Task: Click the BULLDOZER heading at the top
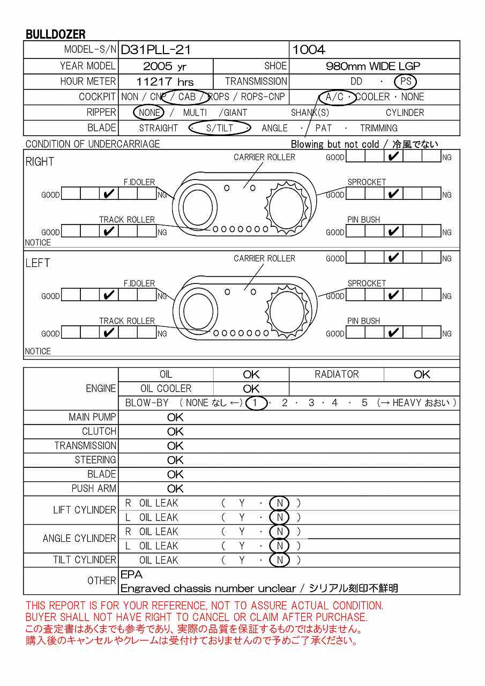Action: (x=56, y=34)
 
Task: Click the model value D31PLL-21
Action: (x=156, y=50)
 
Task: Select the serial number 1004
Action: (x=309, y=50)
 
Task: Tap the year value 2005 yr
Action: (x=165, y=66)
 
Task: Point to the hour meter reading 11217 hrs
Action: (x=165, y=82)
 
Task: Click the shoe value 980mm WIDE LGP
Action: (x=373, y=66)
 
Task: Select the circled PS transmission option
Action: (x=405, y=81)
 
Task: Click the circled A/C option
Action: (x=334, y=97)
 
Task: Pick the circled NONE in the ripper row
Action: (x=149, y=113)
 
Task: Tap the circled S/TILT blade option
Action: (x=220, y=128)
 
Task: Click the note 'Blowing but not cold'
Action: (x=334, y=144)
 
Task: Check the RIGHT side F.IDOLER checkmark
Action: (x=109, y=194)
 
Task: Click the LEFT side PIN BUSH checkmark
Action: (x=394, y=333)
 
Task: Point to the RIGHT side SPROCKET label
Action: (x=367, y=182)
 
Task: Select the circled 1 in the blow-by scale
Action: (x=256, y=403)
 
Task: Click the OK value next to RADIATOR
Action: (x=422, y=375)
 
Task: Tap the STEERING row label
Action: (x=95, y=460)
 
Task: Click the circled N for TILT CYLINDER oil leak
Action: (x=279, y=560)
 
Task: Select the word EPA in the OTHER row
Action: (x=132, y=575)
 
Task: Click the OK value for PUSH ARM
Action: (x=175, y=489)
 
